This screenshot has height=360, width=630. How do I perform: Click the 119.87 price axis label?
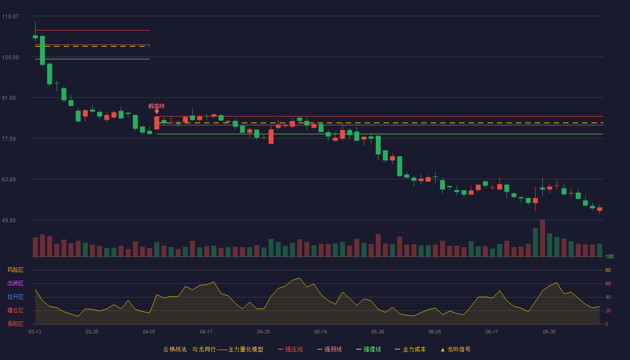tap(10, 17)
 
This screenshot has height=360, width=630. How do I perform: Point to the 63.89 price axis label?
tap(9, 180)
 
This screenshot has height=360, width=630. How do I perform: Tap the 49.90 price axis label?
tap(9, 220)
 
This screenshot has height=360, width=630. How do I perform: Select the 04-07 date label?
tap(149, 332)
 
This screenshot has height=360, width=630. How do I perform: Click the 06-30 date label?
tap(549, 332)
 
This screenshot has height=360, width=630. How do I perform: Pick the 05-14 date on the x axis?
tap(320, 332)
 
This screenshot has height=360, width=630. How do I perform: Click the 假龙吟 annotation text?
tap(157, 106)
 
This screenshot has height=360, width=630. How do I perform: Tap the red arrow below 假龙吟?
tap(157, 112)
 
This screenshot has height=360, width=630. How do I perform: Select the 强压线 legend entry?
tap(290, 349)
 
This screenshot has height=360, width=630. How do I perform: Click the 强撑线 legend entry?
tap(369, 349)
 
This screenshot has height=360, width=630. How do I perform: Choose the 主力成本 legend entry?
tap(410, 349)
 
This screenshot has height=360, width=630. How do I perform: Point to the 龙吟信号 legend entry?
tap(455, 349)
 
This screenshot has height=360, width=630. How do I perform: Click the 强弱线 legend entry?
tap(329, 349)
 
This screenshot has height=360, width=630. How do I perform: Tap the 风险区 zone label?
tap(15, 270)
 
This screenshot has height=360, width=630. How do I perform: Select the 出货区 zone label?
tap(15, 283)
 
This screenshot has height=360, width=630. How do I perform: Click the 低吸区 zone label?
tap(15, 324)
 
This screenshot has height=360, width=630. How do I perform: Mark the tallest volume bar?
tap(543, 238)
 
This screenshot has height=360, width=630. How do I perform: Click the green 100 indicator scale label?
tap(609, 256)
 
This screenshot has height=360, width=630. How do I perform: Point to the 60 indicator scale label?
tap(608, 283)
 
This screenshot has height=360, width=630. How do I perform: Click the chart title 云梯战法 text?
tap(175, 349)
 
